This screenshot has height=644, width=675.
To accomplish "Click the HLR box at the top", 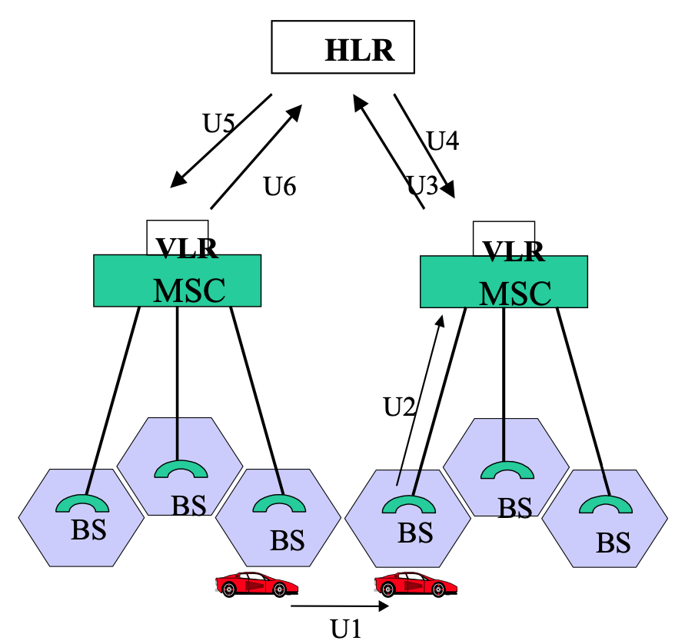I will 343,48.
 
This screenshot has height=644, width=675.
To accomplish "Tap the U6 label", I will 279,185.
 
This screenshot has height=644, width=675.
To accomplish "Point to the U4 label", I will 443,141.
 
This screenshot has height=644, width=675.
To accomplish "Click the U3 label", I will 421,185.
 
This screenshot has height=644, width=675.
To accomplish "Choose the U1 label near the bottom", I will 345,629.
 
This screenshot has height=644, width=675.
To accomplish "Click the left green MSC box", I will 177,281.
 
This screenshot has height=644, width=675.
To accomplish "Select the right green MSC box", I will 504,283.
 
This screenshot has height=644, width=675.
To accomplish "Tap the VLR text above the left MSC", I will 187,247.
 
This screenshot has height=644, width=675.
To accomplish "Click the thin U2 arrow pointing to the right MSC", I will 420,400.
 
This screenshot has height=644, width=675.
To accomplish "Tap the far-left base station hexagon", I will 81,516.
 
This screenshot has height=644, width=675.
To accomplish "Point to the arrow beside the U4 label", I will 424,145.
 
